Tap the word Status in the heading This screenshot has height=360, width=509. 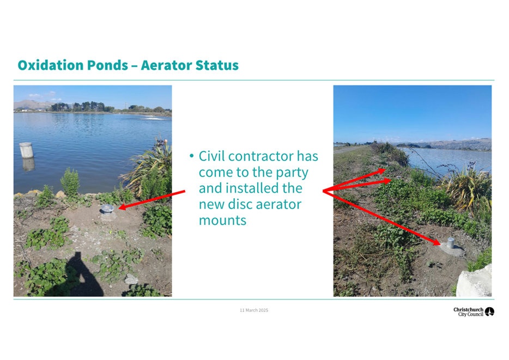pyautogui.click(x=217, y=65)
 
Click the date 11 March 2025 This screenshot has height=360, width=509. pyautogui.click(x=254, y=310)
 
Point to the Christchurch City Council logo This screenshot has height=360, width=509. pyautogui.click(x=474, y=312)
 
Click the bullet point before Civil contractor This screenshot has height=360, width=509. pyautogui.click(x=191, y=156)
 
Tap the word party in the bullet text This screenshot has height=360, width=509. pyautogui.click(x=292, y=173)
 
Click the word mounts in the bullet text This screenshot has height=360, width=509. pyautogui.click(x=223, y=221)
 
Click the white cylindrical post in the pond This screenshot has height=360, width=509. pyautogui.click(x=26, y=150)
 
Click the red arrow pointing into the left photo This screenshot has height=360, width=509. pyautogui.click(x=152, y=200)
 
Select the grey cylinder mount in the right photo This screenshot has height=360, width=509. pyautogui.click(x=451, y=243)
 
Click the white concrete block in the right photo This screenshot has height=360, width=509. pyautogui.click(x=474, y=281)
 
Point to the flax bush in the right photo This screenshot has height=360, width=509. pyautogui.click(x=468, y=188)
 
